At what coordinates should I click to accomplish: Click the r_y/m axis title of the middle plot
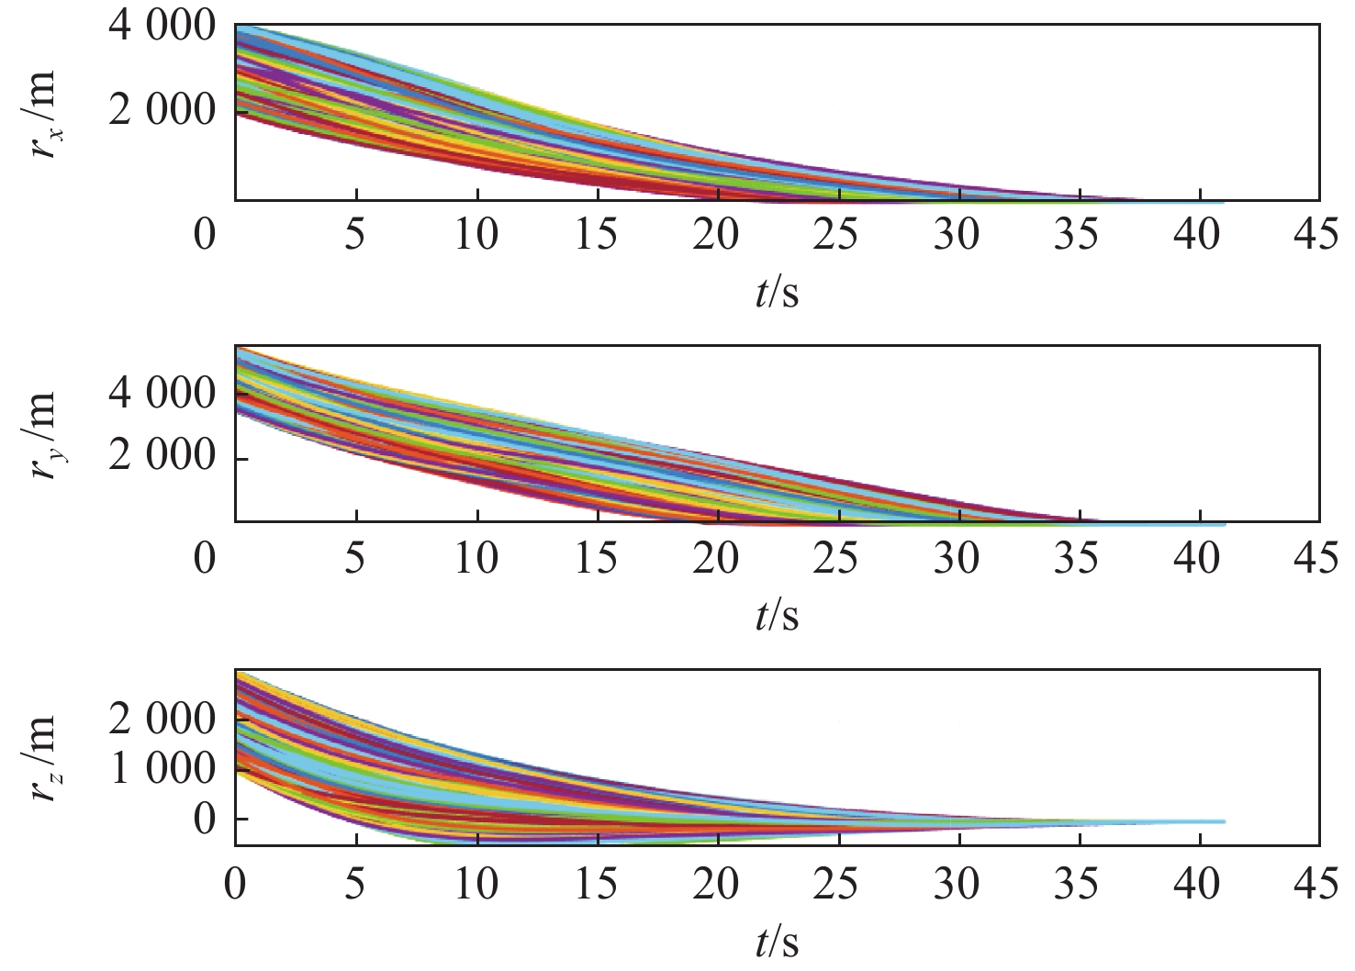43,436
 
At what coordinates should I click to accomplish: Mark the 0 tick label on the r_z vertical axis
204,818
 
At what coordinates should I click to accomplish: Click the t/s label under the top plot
777,293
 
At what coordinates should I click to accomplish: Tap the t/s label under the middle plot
777,616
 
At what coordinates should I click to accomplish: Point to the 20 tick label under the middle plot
717,559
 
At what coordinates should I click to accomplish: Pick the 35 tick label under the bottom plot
1077,887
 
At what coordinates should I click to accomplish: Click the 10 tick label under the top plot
476,236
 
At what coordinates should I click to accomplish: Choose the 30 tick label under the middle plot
957,559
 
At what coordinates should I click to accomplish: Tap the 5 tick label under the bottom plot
355,887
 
